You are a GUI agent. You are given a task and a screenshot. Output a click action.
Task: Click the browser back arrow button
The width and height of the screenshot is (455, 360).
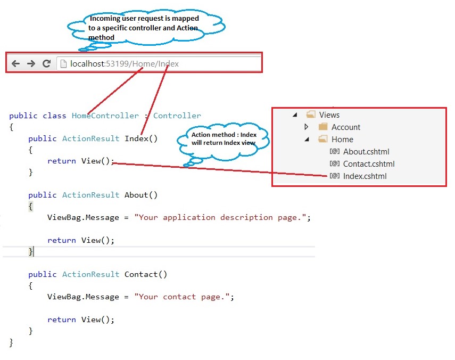pos(15,63)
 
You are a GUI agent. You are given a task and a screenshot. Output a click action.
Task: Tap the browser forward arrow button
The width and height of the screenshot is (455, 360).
pos(31,63)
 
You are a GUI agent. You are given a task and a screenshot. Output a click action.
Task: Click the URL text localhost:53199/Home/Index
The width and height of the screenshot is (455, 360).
pos(125,64)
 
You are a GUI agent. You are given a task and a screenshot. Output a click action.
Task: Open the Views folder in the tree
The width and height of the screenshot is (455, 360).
pos(329,115)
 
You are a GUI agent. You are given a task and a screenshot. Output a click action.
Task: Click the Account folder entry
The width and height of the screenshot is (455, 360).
pos(345,127)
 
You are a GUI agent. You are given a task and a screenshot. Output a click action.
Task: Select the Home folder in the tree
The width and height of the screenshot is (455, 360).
pos(342,140)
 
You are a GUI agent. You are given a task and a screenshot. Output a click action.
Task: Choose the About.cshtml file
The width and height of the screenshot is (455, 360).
pos(365,152)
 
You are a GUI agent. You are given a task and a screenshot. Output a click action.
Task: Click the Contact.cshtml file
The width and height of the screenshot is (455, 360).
pos(368,164)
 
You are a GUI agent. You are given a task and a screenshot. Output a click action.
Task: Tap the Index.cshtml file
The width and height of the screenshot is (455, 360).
pos(365,176)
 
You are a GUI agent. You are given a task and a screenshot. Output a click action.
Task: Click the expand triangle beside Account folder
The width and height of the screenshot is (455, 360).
pos(306,127)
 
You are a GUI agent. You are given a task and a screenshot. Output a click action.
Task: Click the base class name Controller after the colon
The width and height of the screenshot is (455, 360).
pos(177,116)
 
